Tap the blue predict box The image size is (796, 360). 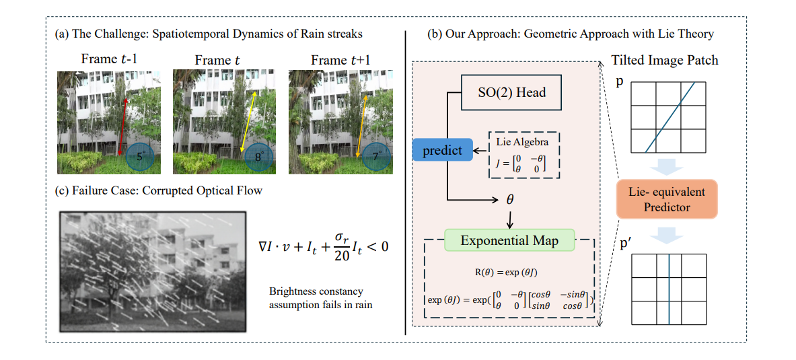[442, 150]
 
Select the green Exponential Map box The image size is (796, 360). [509, 240]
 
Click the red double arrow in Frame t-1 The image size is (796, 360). [122, 124]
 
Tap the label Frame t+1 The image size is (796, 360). [340, 61]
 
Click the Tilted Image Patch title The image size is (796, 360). [664, 61]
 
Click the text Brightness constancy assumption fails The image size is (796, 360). [316, 297]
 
